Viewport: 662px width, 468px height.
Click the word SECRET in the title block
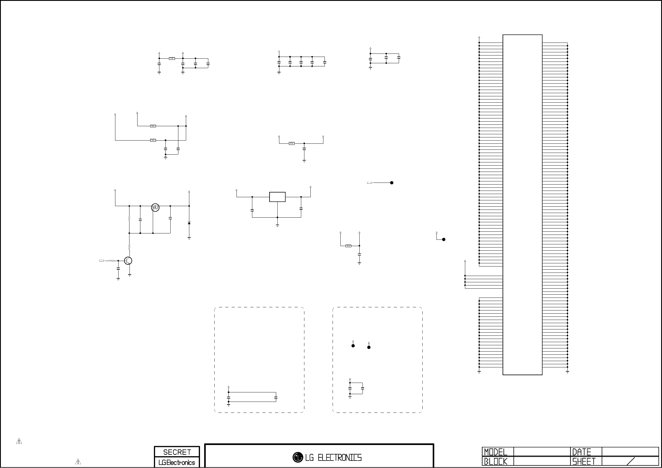177,452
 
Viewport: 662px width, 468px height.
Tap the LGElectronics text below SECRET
177,463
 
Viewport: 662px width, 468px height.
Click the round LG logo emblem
297,457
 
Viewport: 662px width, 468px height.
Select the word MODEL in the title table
495,452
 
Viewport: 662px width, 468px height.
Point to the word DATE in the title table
581,452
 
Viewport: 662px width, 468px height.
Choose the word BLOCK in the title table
495,462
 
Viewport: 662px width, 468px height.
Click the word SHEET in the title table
584,462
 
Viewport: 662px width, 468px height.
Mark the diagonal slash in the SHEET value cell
631,461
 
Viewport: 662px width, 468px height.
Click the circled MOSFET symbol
155,207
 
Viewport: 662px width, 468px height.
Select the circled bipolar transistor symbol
128,261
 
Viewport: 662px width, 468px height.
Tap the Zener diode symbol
189,223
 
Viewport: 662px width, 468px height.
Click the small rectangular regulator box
277,197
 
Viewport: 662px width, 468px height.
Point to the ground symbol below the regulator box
277,226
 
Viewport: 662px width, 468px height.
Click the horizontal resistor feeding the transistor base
112,261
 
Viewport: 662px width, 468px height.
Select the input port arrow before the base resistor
102,261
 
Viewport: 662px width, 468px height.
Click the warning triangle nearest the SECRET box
78,462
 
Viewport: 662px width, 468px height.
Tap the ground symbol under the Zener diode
189,238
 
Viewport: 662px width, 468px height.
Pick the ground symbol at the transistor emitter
130,275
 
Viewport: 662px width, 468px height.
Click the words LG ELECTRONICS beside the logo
333,458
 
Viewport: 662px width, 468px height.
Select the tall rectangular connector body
522,205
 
